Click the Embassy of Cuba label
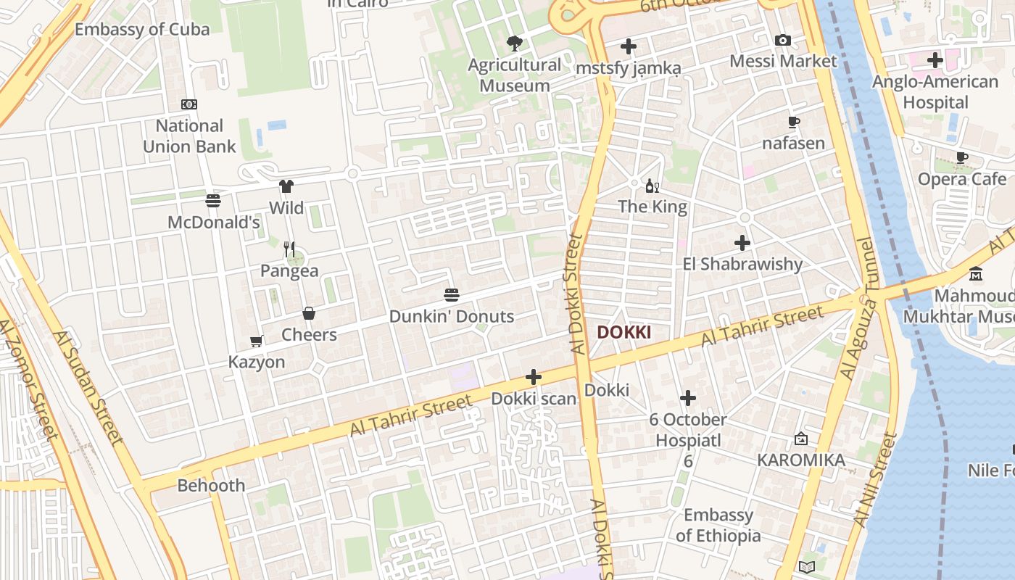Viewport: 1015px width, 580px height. (142, 30)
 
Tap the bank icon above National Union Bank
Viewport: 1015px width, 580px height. (189, 104)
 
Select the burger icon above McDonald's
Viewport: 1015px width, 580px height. (213, 200)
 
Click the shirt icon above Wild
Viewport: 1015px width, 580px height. (286, 186)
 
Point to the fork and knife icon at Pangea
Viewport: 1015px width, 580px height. (289, 249)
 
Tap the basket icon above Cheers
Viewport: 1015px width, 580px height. (309, 313)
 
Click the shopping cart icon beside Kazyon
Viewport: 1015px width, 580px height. (256, 341)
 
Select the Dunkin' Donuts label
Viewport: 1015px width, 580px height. (452, 317)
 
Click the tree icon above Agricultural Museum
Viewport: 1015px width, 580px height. (515, 43)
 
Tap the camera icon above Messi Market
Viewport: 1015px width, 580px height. (783, 40)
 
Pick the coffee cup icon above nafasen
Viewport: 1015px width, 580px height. (793, 122)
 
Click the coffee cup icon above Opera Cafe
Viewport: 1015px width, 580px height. (962, 157)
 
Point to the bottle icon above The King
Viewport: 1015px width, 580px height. (652, 186)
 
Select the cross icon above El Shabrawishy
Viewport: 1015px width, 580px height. (742, 243)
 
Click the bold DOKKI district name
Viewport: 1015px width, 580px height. (623, 333)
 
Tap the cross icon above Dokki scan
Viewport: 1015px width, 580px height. (534, 377)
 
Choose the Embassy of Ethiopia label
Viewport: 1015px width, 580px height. (718, 526)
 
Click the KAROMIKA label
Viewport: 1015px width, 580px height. (801, 460)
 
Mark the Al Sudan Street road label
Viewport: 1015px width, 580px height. (88, 387)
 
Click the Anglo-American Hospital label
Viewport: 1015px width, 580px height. (935, 92)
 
